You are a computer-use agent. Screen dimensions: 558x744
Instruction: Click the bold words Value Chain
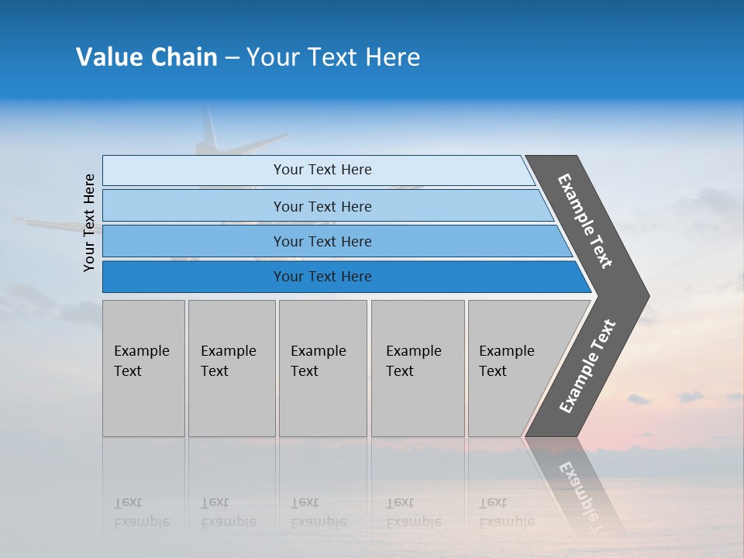tap(146, 57)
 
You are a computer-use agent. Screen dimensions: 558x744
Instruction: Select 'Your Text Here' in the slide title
tap(333, 57)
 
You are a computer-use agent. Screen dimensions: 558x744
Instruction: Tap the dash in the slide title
tap(232, 58)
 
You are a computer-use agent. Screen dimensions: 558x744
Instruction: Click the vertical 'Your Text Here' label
tap(90, 223)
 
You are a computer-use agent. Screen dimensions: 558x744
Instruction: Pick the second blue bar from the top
tap(322, 206)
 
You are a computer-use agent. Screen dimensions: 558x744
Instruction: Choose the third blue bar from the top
tap(322, 241)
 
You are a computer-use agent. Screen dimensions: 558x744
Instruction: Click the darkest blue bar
tap(322, 277)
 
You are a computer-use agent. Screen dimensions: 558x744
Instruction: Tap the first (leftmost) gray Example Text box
tap(143, 368)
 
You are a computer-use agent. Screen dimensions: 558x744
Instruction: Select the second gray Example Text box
tap(232, 368)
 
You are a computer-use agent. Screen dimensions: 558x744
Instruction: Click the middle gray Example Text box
tap(322, 368)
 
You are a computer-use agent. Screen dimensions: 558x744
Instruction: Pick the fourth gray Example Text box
tap(418, 368)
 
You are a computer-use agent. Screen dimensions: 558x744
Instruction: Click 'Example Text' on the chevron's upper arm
tap(585, 221)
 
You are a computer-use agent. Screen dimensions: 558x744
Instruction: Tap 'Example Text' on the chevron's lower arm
tap(587, 367)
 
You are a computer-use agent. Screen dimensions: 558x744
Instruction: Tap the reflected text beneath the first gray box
tap(141, 512)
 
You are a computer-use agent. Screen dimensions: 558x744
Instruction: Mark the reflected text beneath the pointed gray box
tap(506, 512)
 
